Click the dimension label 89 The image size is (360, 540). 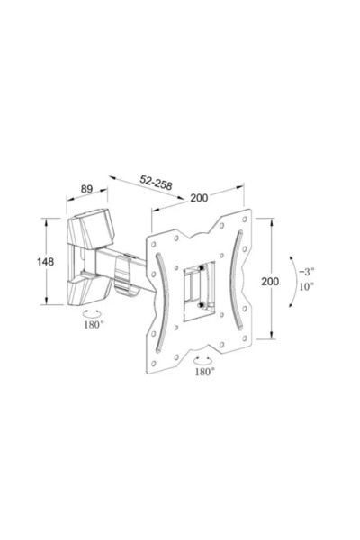87,189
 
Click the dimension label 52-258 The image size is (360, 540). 157,182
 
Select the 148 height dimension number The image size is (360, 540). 45,262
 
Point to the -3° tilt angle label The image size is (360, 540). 309,271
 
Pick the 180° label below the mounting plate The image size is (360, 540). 204,371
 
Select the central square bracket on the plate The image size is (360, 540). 197,285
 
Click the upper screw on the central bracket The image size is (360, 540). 204,267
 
